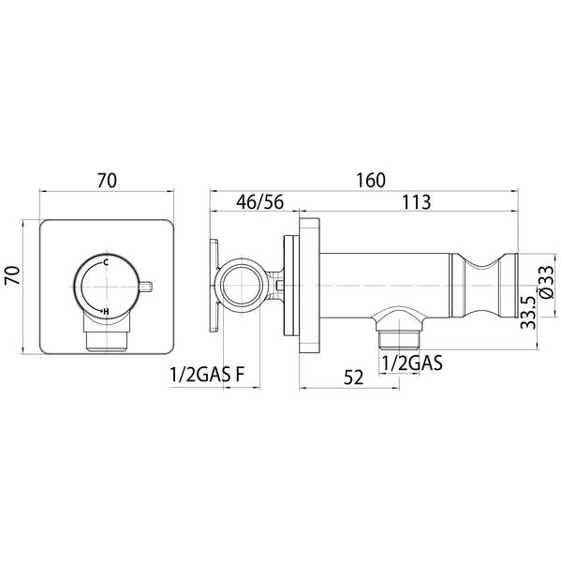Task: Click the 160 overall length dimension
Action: (371, 181)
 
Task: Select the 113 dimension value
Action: (417, 202)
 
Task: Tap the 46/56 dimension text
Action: (259, 202)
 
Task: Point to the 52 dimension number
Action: (353, 377)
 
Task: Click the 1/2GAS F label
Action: (207, 375)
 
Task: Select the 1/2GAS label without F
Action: (412, 362)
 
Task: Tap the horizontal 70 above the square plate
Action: (107, 181)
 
